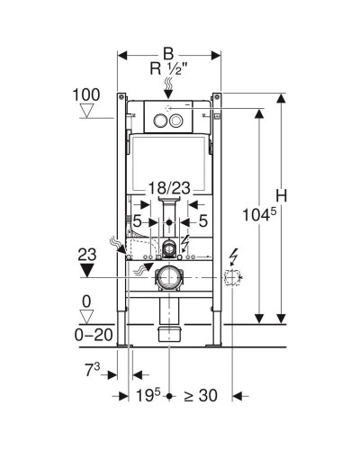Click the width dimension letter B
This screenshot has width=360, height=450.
pyautogui.click(x=168, y=54)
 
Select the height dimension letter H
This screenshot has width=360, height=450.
pyautogui.click(x=282, y=195)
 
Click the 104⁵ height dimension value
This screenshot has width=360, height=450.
pyautogui.click(x=258, y=214)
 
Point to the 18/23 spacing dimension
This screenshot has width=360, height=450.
pyautogui.click(x=169, y=188)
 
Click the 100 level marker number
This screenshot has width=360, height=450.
pyautogui.click(x=86, y=94)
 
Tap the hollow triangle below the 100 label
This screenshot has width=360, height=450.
pyautogui.click(x=87, y=111)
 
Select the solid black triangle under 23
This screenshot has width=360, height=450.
pyautogui.click(x=87, y=270)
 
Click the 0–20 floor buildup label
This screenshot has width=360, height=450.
pyautogui.click(x=94, y=335)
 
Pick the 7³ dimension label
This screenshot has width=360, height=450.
pyautogui.click(x=93, y=370)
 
